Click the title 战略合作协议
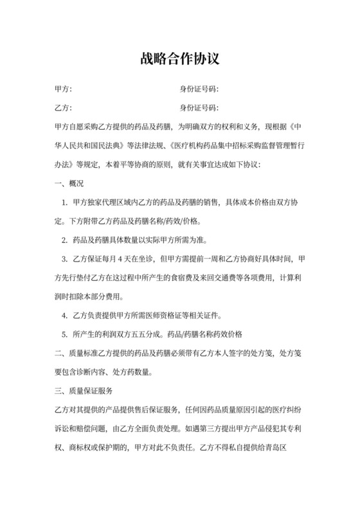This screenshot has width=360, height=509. (180, 59)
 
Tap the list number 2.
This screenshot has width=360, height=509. (65, 240)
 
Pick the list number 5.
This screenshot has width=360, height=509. (65, 334)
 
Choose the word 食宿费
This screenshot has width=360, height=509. (186, 278)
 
